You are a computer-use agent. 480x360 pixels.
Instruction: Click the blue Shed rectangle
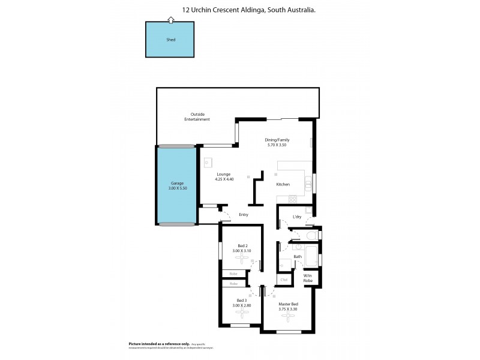[170, 41]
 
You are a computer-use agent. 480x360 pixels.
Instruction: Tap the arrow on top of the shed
[170, 20]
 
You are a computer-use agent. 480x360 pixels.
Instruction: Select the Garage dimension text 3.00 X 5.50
[178, 188]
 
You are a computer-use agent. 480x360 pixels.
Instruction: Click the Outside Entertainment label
[197, 117]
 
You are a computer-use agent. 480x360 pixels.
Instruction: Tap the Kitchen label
[283, 185]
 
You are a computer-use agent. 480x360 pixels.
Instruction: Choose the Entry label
[244, 215]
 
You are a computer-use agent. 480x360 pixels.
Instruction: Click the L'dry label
[296, 217]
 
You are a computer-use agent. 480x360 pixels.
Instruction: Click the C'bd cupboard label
[284, 280]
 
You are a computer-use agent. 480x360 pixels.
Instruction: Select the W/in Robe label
[308, 278]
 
